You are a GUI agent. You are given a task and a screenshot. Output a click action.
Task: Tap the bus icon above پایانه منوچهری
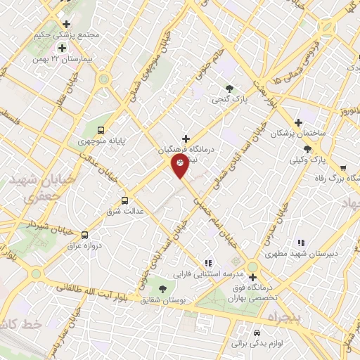click(x=101, y=129)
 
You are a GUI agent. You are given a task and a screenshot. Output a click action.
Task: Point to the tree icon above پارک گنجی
click(x=229, y=88)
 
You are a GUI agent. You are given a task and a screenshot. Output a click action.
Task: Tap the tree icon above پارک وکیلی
click(x=307, y=148)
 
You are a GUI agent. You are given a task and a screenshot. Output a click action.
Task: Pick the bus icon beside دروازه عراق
click(x=85, y=236)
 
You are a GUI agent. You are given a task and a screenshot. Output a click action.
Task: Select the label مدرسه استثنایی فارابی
click(x=193, y=272)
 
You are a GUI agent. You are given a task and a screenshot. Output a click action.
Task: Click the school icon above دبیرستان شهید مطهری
click(x=300, y=243)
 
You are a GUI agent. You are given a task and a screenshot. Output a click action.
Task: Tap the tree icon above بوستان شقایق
click(x=162, y=288)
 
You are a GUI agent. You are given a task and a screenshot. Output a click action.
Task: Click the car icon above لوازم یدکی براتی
click(x=257, y=331)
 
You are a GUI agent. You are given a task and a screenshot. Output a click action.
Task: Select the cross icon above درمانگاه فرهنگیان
click(x=186, y=138)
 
